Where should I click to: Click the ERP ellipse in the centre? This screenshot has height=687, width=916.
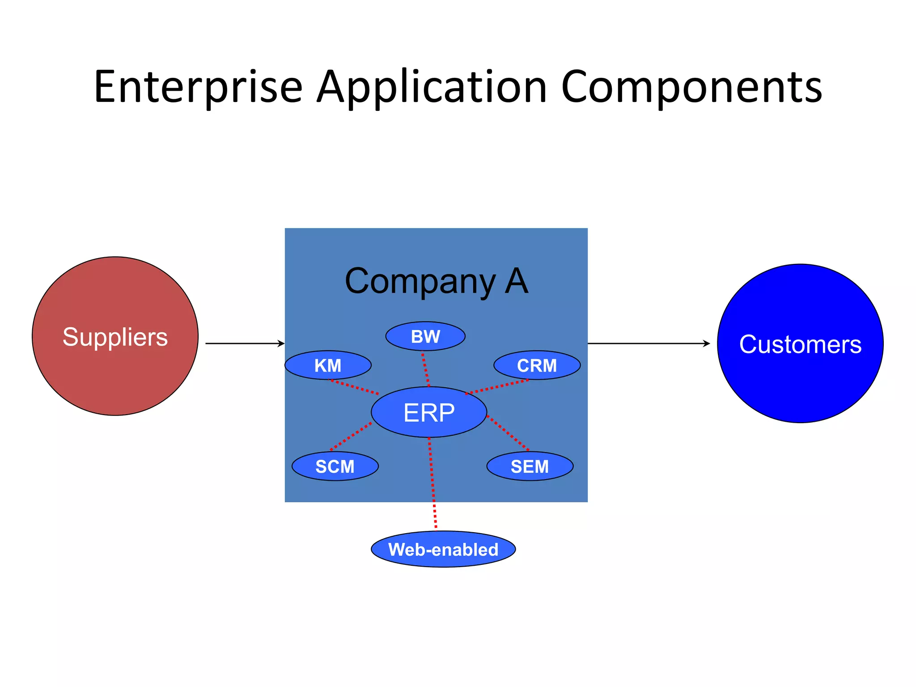coord(428,412)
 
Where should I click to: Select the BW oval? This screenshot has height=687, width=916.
coord(425,336)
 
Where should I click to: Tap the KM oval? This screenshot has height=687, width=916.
coord(328,365)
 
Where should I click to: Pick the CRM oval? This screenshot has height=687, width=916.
coord(537,365)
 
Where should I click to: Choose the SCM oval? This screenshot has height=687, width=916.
coord(335,466)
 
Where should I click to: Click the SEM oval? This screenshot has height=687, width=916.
coord(530,466)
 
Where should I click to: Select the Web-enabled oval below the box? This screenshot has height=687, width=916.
coord(443,549)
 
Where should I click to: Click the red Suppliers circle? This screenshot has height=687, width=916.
coord(115,336)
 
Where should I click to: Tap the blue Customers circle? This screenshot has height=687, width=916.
coord(800,343)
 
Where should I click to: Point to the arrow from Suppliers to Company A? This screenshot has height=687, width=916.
coord(245,343)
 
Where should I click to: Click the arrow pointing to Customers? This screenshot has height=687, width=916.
coord(649,343)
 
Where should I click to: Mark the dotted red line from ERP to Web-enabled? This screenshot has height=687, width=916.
coord(433,483)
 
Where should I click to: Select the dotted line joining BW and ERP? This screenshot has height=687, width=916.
coord(426,370)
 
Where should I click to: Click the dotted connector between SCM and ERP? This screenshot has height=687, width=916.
coord(351,436)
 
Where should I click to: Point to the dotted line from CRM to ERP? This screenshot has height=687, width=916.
coord(496,387)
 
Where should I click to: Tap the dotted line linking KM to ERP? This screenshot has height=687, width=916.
coord(354,387)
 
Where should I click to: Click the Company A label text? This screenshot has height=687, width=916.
coord(437,281)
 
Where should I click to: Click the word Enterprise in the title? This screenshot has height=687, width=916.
coord(198,87)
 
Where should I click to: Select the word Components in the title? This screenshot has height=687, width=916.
coord(691,87)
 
